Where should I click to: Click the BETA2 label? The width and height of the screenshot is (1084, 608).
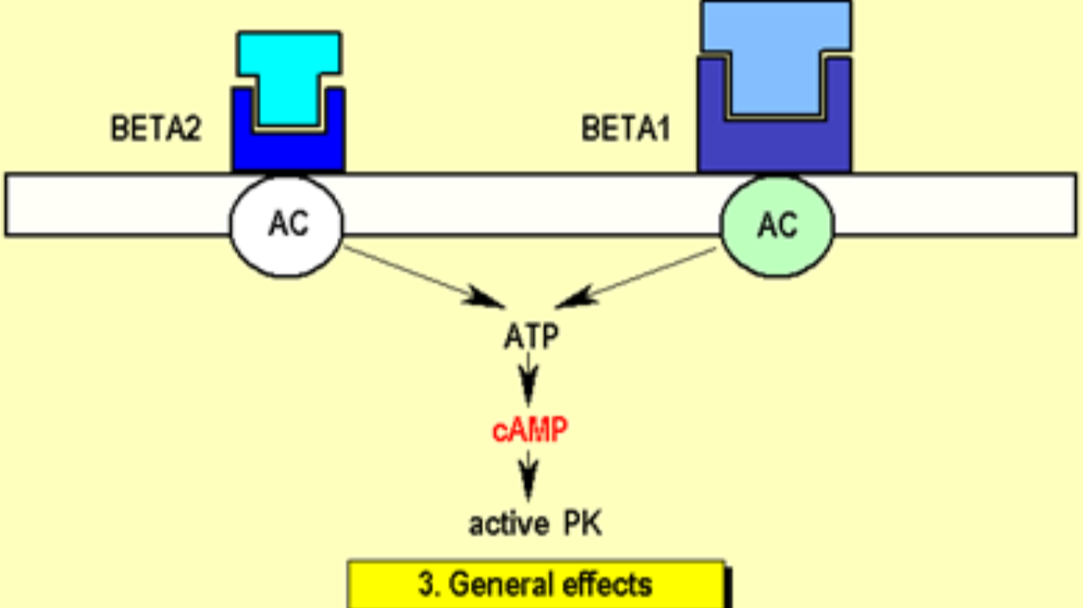[x=155, y=129]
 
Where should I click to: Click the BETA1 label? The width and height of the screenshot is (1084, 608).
[x=626, y=129]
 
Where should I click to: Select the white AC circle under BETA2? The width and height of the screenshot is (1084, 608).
[x=287, y=225]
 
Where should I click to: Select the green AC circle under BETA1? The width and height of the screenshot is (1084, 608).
[x=776, y=225]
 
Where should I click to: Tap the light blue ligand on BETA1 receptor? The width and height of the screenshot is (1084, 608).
[x=776, y=52]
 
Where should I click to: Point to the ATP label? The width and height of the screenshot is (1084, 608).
[x=531, y=337]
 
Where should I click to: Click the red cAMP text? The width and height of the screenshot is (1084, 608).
[x=530, y=429]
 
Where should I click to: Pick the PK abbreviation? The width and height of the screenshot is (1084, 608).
[x=582, y=524]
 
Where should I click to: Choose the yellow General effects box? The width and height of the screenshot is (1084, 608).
[x=536, y=585]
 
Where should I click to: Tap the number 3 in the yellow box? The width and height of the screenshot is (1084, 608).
[x=426, y=585]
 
